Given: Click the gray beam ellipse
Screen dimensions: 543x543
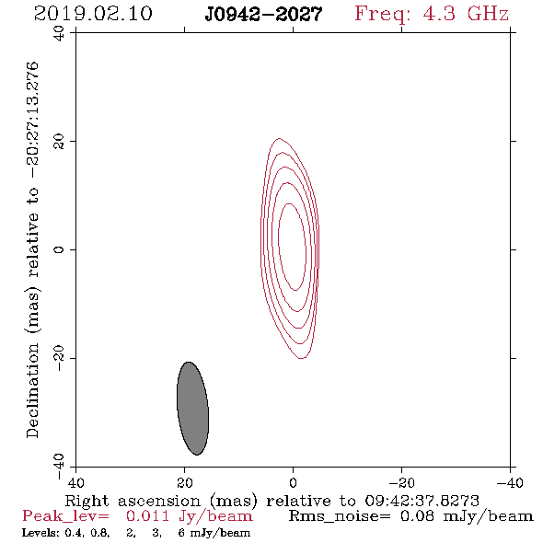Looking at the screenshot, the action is [192, 409].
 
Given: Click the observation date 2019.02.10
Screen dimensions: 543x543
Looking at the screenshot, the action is [93, 14].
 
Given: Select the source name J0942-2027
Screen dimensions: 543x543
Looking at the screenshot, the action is [263, 14].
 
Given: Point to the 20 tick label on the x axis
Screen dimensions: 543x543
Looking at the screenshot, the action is [185, 483].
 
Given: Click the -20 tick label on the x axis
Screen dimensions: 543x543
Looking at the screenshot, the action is [401, 483].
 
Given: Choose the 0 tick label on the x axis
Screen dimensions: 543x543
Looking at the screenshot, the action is [293, 483].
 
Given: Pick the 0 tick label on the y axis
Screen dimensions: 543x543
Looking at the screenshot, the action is [59, 249].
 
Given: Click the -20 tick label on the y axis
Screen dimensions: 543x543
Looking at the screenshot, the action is [59, 358].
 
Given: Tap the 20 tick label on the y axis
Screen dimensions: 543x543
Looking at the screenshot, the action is [59, 142].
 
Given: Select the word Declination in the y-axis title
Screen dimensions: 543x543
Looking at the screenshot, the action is [32, 391].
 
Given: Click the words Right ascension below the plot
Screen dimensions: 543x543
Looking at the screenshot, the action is [133, 501].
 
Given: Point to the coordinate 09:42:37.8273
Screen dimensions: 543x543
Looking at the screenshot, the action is [422, 501].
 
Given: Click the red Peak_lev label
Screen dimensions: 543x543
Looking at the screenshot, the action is [65, 516].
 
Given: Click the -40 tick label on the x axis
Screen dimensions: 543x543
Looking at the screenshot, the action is [510, 483].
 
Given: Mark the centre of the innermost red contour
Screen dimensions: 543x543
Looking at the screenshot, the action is [293, 247].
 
